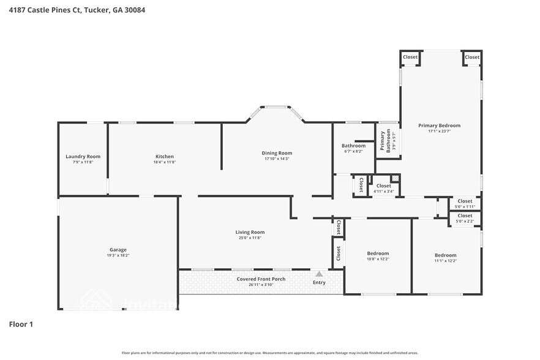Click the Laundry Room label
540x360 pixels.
[83, 157]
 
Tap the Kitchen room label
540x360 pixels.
[164, 157]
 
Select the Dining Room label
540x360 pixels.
[277, 153]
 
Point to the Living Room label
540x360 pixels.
[250, 232]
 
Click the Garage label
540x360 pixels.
[118, 250]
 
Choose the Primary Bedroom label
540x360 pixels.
[439, 126]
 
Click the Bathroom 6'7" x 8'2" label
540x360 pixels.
[353, 146]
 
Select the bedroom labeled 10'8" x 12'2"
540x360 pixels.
[378, 253]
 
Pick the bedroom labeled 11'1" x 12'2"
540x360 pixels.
[445, 255]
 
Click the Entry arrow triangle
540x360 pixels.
[319, 274]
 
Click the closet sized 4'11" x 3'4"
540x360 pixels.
[383, 186]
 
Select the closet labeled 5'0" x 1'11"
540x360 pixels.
[465, 201]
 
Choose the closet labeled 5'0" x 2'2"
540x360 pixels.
[465, 216]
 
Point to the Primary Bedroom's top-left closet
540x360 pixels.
[410, 57]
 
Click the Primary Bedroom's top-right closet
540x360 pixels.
[471, 57]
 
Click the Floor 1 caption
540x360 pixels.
[20, 324]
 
